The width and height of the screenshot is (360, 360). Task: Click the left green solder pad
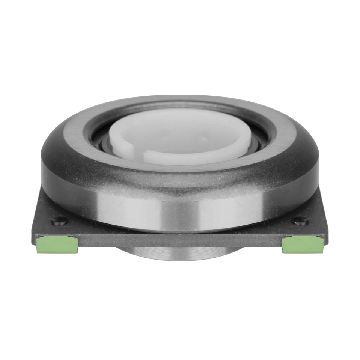pyautogui.click(x=57, y=244)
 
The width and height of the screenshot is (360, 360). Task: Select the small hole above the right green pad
pyautogui.click(x=300, y=222)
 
